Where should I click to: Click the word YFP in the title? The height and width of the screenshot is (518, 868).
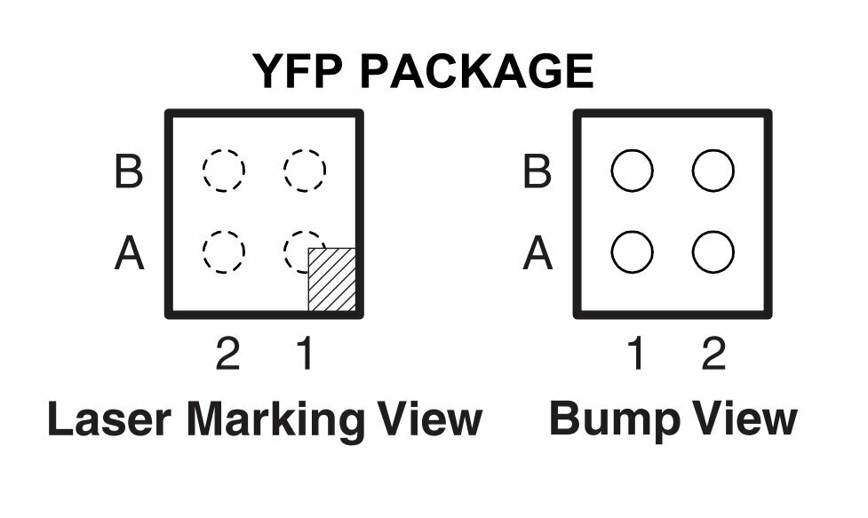click(x=298, y=71)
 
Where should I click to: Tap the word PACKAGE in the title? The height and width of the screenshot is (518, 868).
click(x=476, y=71)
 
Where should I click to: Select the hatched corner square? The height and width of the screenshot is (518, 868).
click(x=331, y=280)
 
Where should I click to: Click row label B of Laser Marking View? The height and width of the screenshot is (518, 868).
click(x=129, y=171)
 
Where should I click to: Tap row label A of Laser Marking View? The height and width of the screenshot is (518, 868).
click(x=130, y=253)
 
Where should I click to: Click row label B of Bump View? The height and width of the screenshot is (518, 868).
click(x=537, y=171)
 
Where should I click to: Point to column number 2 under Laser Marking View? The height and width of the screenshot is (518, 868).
click(x=227, y=355)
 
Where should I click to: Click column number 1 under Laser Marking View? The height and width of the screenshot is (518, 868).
click(x=306, y=355)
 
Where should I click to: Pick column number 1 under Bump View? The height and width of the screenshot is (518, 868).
click(x=635, y=355)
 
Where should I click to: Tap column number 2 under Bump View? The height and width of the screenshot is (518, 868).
click(x=713, y=355)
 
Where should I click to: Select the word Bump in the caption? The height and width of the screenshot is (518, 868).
click(x=615, y=420)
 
